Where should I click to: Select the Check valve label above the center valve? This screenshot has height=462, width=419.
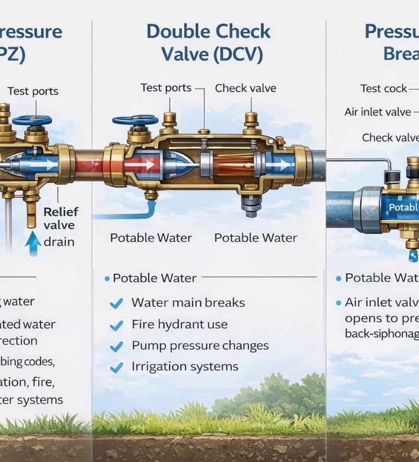coord(245,88)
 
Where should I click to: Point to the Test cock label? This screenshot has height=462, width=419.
coord(384,88)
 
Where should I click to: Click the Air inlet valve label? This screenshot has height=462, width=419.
coord(377,112)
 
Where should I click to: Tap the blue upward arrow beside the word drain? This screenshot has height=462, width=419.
coord(33,243)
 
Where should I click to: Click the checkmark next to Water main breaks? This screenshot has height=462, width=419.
coord(116,303)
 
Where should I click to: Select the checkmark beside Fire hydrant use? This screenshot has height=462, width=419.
coord(116,326)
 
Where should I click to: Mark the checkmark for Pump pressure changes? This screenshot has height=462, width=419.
coord(116,346)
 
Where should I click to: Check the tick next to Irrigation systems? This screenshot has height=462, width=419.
coord(116,368)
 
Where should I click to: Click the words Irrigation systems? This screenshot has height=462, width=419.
coord(184,367)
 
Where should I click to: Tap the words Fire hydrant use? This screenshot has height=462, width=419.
coord(179,325)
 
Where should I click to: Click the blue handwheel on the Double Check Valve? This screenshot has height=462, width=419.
coord(136,121)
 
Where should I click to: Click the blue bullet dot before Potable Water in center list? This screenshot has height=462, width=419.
coord(107,279)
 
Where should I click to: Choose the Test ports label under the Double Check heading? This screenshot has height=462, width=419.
coord(165,88)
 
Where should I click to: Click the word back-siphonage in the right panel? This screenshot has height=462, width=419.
coord(381,333)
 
